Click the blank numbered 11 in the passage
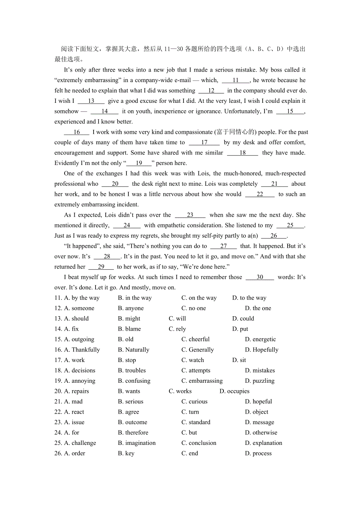(236, 80)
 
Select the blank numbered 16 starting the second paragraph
(77, 132)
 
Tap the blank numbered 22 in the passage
(260, 194)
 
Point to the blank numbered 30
(260, 277)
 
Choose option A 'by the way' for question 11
(82, 298)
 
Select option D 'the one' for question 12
(258, 308)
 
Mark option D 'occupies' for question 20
(234, 391)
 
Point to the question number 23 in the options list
(58, 422)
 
